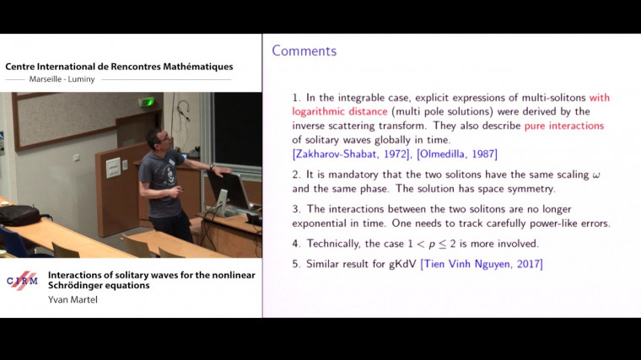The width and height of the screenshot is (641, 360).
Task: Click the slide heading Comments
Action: coord(304,51)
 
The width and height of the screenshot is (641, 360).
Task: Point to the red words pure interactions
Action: coord(564,126)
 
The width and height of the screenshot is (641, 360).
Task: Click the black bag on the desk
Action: coord(19,216)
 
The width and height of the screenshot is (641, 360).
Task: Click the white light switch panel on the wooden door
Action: coord(113,168)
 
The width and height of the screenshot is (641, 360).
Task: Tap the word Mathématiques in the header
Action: coord(191,67)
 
